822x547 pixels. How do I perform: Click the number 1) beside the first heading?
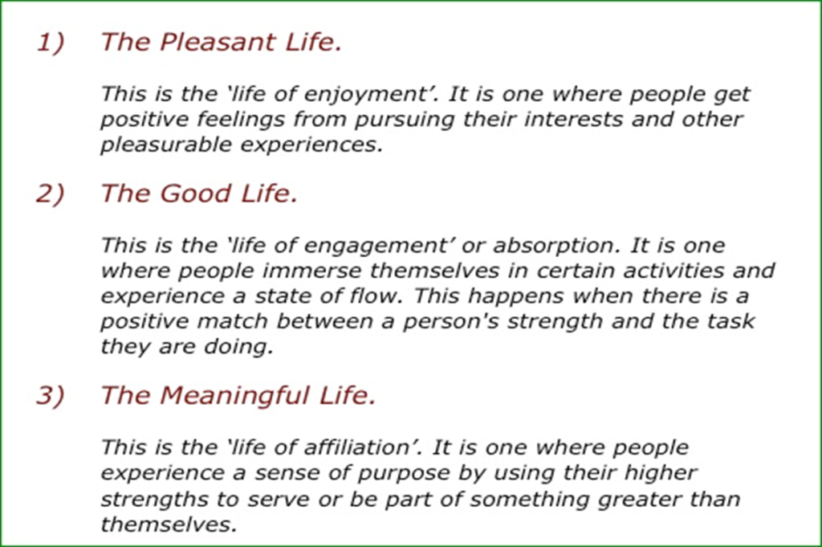tap(51, 42)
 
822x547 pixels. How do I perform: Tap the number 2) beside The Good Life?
tap(51, 194)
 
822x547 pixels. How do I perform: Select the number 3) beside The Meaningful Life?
tap(51, 395)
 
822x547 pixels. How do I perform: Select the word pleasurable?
tap(166, 145)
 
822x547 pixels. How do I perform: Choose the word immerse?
tap(312, 271)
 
